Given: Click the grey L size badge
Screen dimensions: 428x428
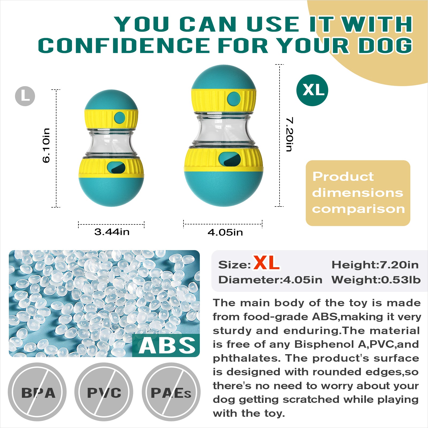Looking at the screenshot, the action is pyautogui.click(x=25, y=96).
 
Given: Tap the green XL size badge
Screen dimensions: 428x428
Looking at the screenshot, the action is pyautogui.click(x=312, y=90).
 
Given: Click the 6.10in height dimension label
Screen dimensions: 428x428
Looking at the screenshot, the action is pyautogui.click(x=46, y=146).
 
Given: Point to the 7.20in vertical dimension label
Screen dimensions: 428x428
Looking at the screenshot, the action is pyautogui.click(x=289, y=134).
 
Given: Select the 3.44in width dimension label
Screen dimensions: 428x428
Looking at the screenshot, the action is pyautogui.click(x=112, y=232).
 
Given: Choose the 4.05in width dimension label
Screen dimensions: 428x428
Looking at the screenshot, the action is pyautogui.click(x=225, y=232).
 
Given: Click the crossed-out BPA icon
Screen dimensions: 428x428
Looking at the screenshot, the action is pyautogui.click(x=37, y=392).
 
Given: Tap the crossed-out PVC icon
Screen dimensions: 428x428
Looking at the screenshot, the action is pyautogui.click(x=104, y=392).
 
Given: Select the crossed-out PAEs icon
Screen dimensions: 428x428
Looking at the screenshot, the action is pyautogui.click(x=171, y=392).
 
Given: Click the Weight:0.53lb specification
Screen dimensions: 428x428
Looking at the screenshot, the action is pyautogui.click(x=376, y=280).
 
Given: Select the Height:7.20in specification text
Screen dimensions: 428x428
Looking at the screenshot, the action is pyautogui.click(x=375, y=265).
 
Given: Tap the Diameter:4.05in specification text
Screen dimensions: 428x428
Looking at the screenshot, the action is pyautogui.click(x=270, y=280).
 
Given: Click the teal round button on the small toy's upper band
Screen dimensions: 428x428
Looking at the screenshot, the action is pyautogui.click(x=120, y=117).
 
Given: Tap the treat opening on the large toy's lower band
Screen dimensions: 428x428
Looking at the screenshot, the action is pyautogui.click(x=230, y=159).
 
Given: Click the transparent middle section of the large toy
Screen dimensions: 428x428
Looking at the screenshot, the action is pyautogui.click(x=224, y=130).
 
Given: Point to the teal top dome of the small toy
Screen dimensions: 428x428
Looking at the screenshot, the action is pyautogui.click(x=111, y=100).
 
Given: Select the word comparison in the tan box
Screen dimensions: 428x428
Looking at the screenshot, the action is pyautogui.click(x=358, y=209).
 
